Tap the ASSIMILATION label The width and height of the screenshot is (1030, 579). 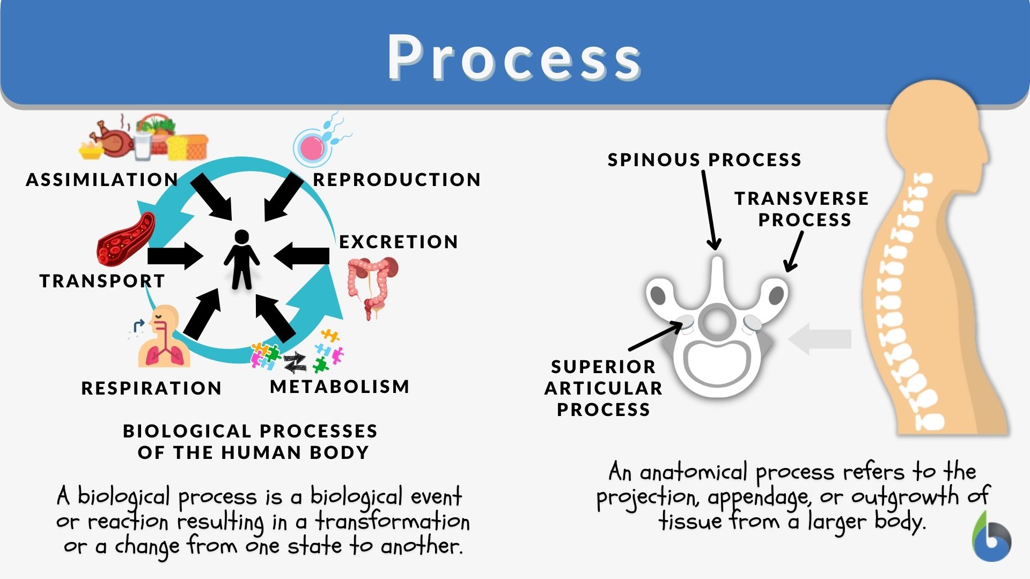click(x=102, y=180)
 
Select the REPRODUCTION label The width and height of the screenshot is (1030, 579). click(x=396, y=180)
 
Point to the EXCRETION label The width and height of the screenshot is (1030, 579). click(x=399, y=242)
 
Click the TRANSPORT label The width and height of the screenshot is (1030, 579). click(x=102, y=281)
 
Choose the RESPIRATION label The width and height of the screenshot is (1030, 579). click(x=151, y=388)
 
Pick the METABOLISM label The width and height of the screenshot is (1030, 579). click(x=340, y=387)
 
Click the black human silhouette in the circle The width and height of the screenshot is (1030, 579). click(x=242, y=259)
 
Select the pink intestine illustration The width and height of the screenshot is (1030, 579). click(x=373, y=284)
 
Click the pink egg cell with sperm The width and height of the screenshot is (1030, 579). click(x=313, y=146)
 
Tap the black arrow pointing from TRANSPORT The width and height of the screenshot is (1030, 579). click(x=175, y=256)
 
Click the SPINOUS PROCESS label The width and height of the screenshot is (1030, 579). click(x=704, y=160)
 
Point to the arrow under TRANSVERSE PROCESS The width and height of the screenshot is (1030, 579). click(x=794, y=251)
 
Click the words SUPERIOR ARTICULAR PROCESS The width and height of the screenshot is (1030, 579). click(x=604, y=388)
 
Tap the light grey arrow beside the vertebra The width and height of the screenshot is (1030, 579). click(x=821, y=338)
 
